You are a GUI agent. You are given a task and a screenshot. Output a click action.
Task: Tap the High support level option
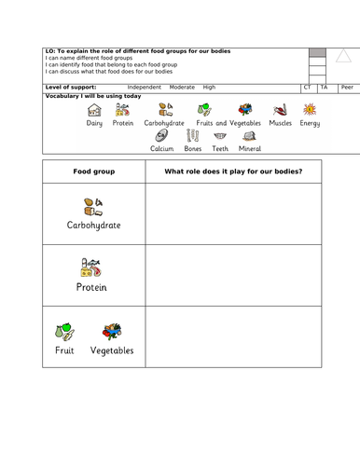coord(209,87)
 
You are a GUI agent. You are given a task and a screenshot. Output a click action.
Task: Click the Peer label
coord(346,87)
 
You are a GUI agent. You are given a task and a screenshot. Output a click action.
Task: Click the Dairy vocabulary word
coord(94,123)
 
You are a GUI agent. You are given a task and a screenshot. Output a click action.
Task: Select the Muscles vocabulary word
coord(280,123)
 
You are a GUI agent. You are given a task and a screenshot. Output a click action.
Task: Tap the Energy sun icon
coord(309,110)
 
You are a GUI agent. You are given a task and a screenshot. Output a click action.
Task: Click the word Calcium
coord(163,147)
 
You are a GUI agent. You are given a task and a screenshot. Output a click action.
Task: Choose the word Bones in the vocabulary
coord(192,147)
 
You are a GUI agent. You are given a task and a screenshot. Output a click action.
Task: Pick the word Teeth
coord(220,147)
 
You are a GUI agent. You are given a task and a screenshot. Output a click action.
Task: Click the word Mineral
coord(250,147)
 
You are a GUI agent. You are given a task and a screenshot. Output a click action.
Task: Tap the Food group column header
coord(92,171)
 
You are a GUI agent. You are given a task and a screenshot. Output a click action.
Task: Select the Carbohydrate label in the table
coord(93,225)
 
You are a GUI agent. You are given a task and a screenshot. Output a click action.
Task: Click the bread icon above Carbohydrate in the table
coord(93,205)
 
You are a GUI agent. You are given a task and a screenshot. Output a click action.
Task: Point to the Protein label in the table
coord(92,287)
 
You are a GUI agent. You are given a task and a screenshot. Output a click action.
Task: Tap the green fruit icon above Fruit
coord(66,330)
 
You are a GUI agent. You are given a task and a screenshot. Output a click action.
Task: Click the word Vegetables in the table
coord(112,350)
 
